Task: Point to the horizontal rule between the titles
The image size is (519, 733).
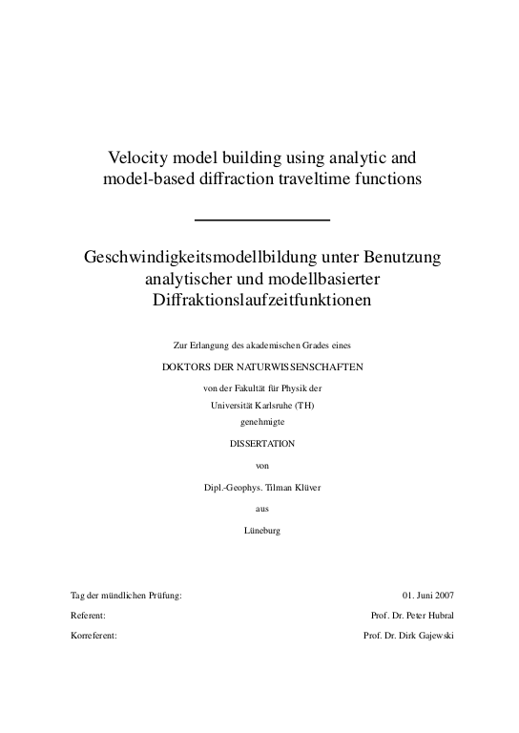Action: [261, 220]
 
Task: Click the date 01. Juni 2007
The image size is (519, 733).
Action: [429, 595]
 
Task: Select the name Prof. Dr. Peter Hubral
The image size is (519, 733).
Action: [412, 616]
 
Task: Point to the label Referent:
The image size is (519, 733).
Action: [88, 616]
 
